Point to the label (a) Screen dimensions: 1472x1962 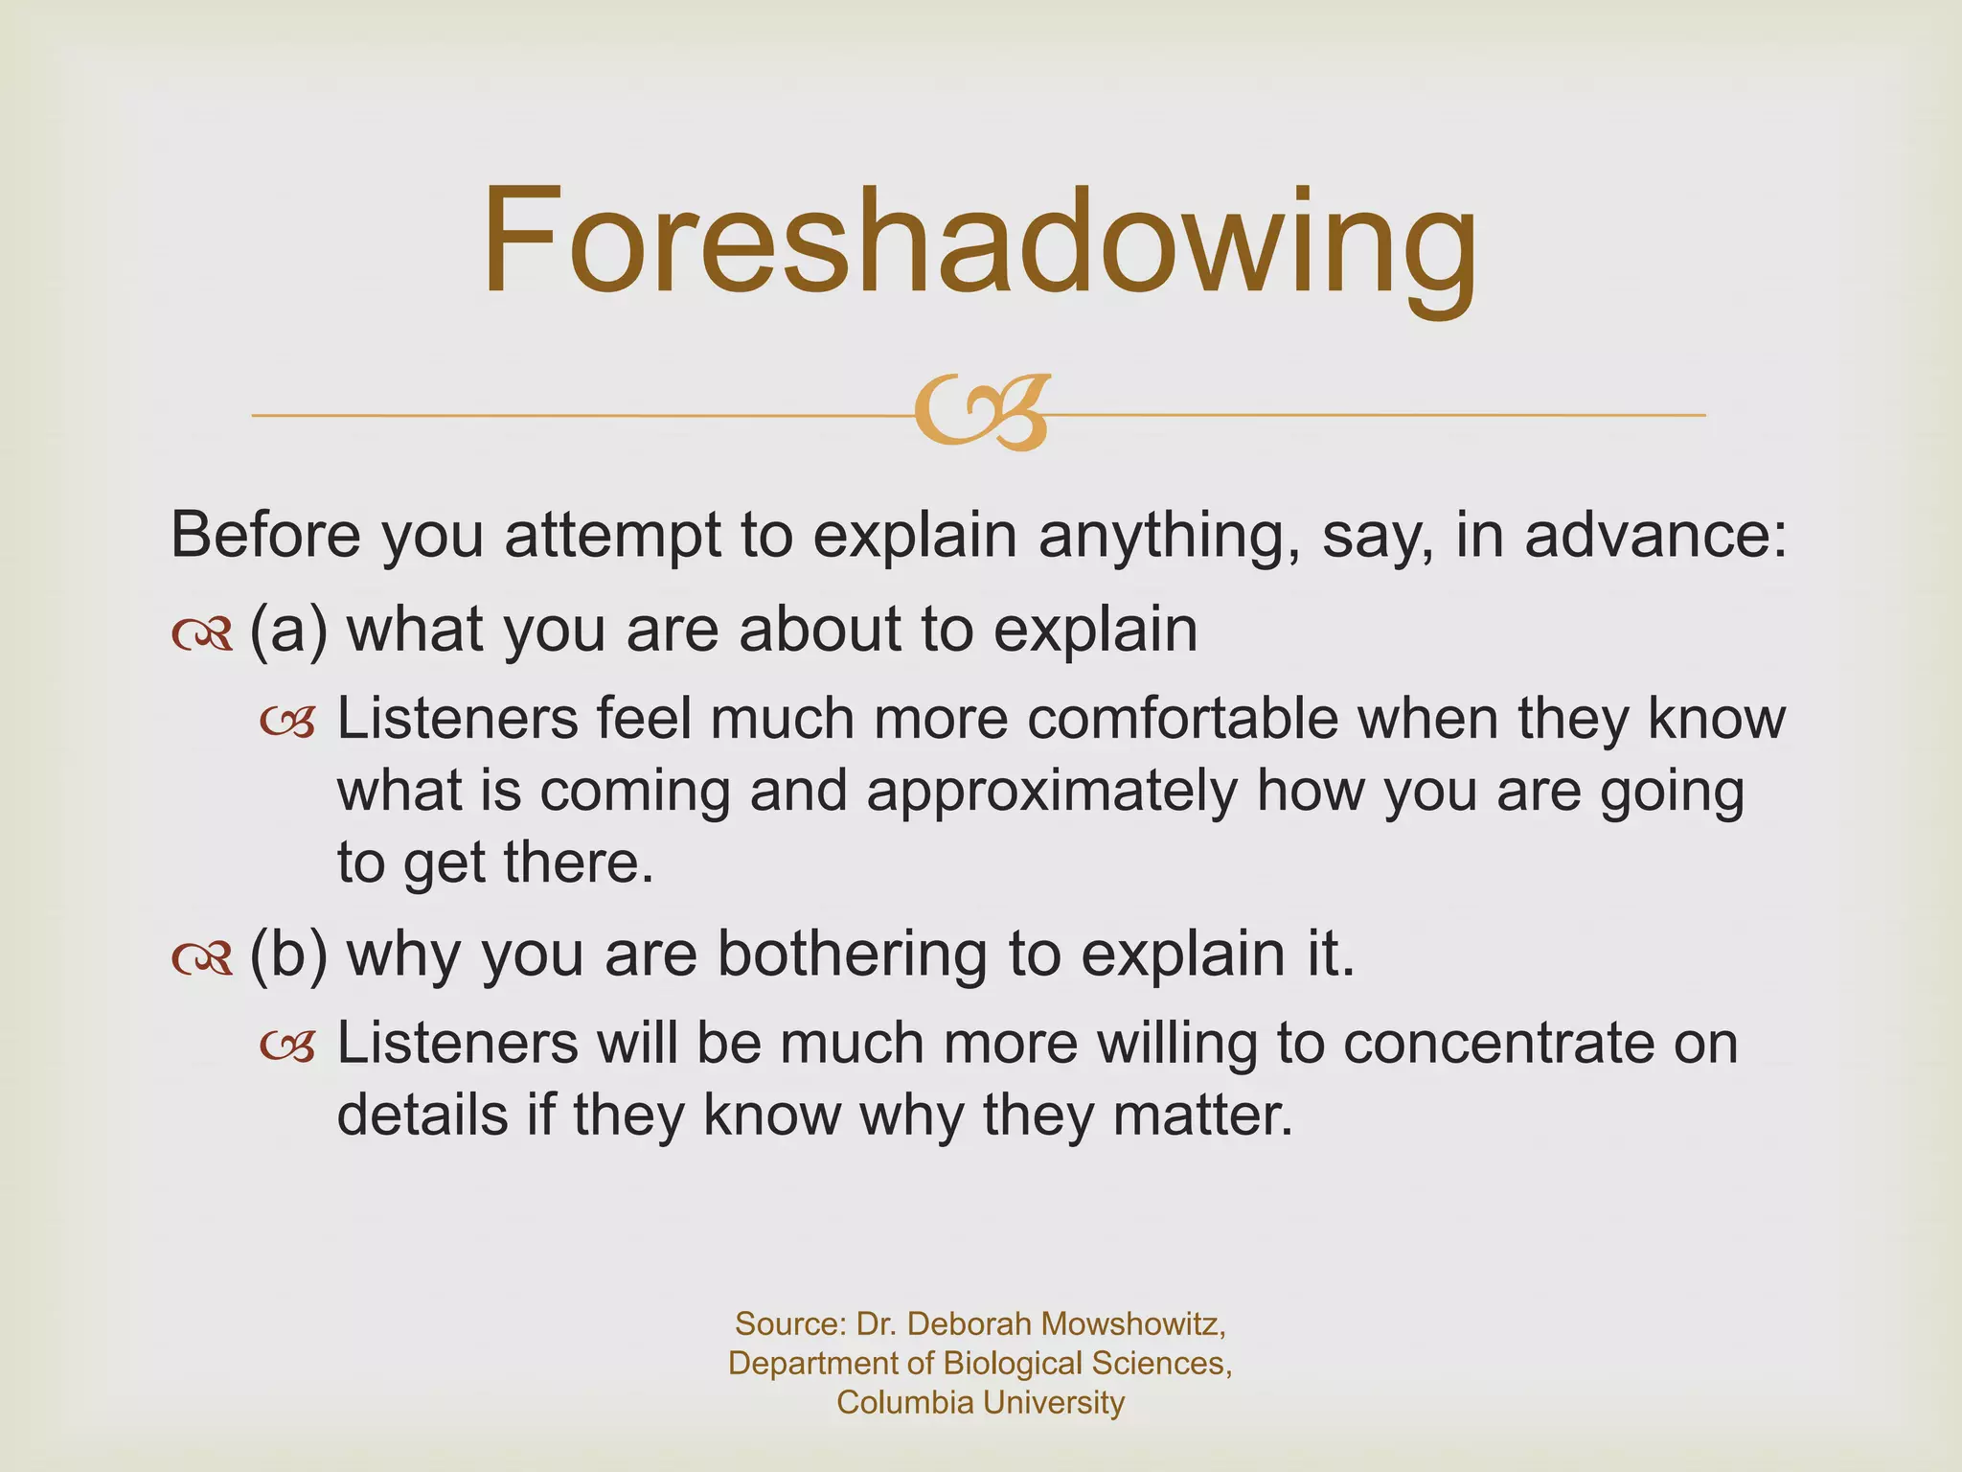pyautogui.click(x=288, y=630)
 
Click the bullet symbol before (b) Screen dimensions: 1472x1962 pyautogui.click(x=202, y=957)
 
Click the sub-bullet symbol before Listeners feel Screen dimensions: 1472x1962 pyautogui.click(x=287, y=724)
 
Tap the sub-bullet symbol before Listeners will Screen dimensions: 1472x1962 pyautogui.click(x=287, y=1047)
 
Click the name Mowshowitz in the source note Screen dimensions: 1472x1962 pyautogui.click(x=1133, y=1323)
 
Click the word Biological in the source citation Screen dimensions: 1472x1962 pyautogui.click(x=1024, y=1363)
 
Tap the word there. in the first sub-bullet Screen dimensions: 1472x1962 pyautogui.click(x=579, y=862)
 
